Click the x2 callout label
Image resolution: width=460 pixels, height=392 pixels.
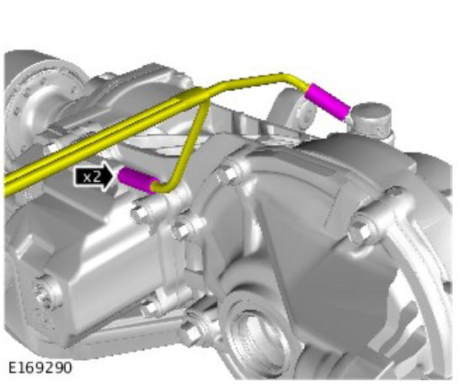point(94,177)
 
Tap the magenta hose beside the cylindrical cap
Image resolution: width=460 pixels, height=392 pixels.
point(328,101)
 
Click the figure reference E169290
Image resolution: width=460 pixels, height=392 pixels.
point(40,368)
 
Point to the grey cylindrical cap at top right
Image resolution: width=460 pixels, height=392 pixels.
point(372,116)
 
